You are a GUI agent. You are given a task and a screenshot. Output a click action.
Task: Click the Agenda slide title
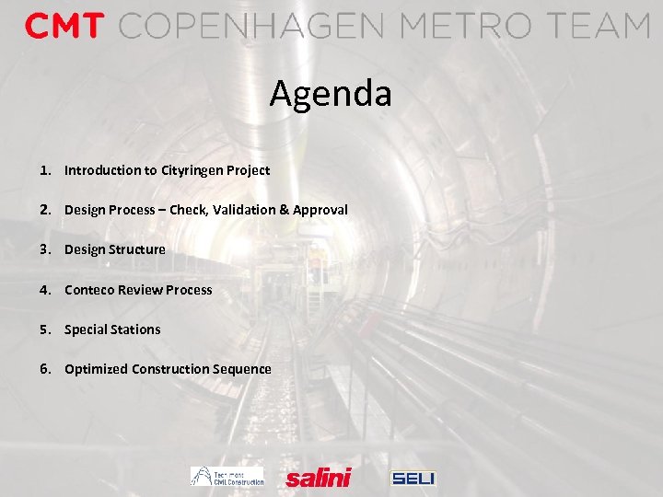[x=331, y=94]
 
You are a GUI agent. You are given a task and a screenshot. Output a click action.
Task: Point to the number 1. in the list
[x=45, y=170]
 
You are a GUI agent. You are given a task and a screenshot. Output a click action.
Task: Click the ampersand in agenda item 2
[x=285, y=210]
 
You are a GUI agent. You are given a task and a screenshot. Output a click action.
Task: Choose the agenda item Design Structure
[x=115, y=249]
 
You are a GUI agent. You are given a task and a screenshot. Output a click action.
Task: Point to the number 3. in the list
[x=45, y=249]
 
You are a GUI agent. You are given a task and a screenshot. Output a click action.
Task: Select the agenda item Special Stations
[x=112, y=329]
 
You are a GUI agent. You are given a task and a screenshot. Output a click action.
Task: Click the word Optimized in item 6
[x=96, y=369]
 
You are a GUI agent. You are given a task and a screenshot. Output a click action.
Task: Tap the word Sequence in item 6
[x=242, y=369]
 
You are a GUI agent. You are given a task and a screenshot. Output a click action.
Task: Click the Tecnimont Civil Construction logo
[x=227, y=476]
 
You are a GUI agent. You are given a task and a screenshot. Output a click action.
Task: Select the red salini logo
[x=319, y=477]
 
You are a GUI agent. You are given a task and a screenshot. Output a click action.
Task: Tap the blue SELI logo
[x=413, y=478]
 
